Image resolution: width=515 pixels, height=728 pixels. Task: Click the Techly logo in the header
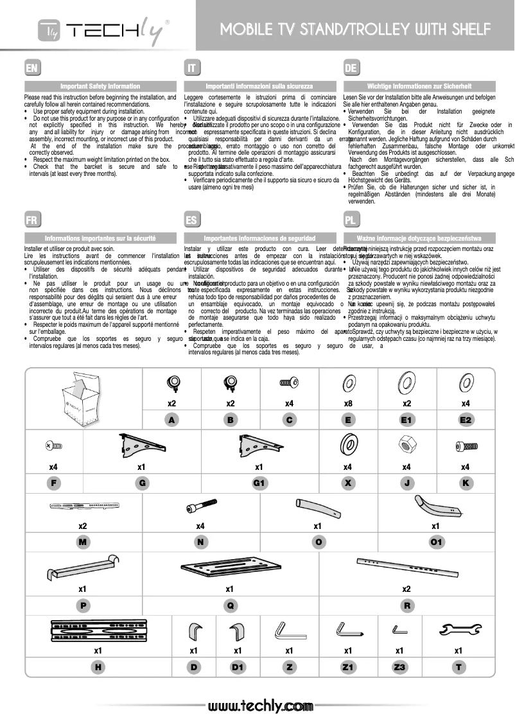103,29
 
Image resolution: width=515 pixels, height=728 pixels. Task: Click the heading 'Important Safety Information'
100,86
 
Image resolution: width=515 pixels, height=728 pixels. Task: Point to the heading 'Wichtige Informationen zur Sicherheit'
419,86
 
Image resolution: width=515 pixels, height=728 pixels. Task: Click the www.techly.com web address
260,706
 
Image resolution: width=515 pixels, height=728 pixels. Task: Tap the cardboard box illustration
82,398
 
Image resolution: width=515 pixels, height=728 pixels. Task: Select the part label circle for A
171,420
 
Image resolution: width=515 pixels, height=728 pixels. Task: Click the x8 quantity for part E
348,404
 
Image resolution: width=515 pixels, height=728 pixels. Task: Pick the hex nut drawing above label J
406,444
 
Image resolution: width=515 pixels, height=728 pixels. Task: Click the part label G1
259,482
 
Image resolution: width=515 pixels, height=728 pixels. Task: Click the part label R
406,605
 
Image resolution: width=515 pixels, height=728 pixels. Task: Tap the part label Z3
399,668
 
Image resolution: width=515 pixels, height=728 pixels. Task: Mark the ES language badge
191,220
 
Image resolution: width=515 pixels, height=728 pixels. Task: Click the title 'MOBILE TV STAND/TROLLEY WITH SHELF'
355,29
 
